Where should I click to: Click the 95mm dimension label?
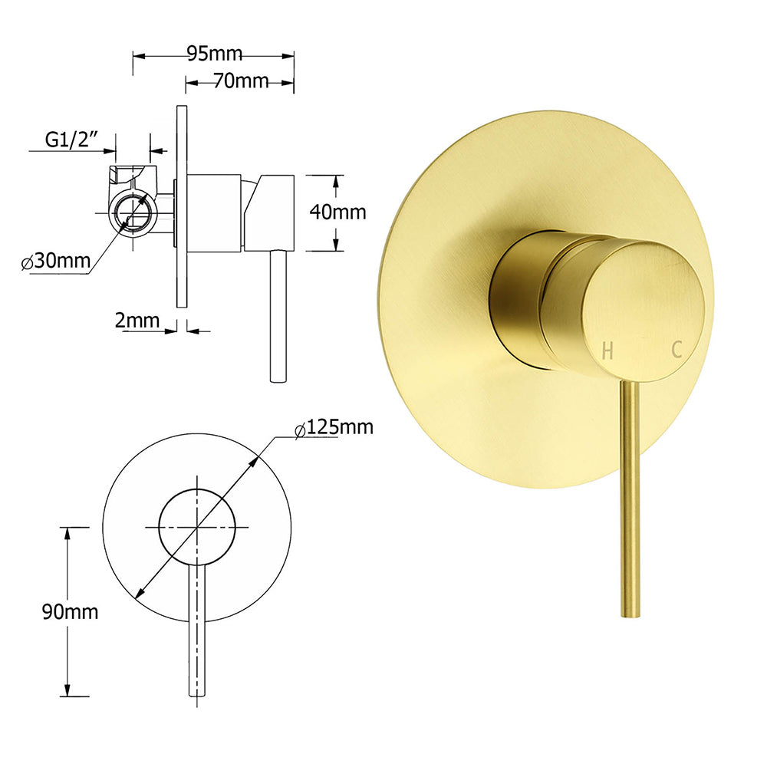pyautogui.click(x=214, y=54)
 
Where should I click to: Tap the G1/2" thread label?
pyautogui.click(x=74, y=140)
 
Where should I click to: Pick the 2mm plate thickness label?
pyautogui.click(x=137, y=321)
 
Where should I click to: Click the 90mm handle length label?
pyautogui.click(x=71, y=611)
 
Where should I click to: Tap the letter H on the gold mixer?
pyautogui.click(x=607, y=351)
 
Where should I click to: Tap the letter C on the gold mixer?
pyautogui.click(x=676, y=350)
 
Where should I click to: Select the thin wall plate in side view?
pyautogui.click(x=181, y=207)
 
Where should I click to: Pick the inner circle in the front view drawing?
pyautogui.click(x=197, y=527)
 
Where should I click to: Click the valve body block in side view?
pyautogui.click(x=215, y=212)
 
